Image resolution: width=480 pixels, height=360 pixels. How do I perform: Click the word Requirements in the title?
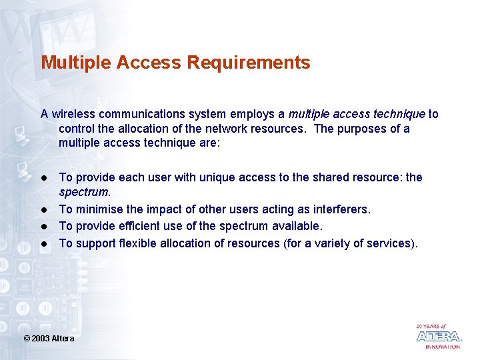click(249, 63)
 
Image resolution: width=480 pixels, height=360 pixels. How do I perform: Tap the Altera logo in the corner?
click(439, 336)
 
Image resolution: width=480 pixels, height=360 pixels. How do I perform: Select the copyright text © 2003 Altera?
click(49, 339)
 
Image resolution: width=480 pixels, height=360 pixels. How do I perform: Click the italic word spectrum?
click(83, 193)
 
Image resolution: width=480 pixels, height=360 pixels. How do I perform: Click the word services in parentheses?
click(389, 243)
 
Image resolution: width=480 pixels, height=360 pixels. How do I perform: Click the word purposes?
click(359, 129)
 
